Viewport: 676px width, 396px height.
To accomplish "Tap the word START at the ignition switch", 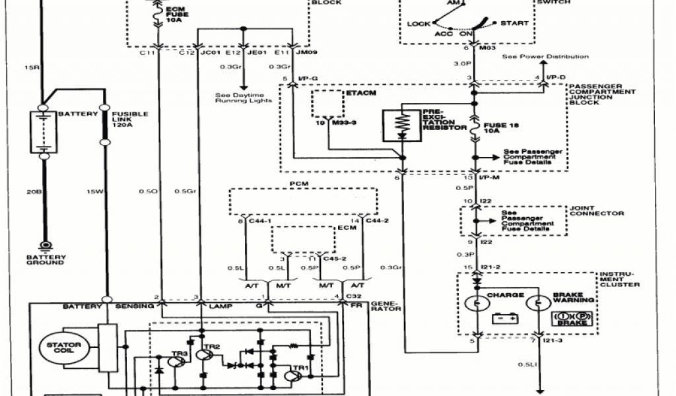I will coord(514,24).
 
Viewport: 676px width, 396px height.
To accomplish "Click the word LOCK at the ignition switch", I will coord(419,24).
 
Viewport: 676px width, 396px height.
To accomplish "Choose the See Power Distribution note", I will coord(545,57).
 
